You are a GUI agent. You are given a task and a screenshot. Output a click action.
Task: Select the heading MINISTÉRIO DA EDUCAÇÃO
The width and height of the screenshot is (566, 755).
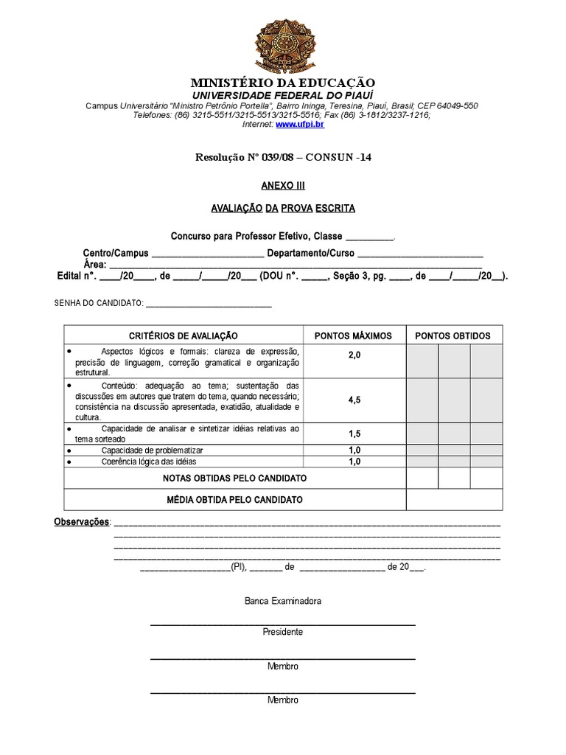click(283, 83)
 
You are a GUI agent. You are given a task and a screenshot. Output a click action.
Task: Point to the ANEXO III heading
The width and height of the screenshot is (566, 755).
click(283, 186)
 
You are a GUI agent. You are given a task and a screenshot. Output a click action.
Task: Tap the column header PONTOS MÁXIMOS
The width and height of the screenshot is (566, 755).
click(353, 335)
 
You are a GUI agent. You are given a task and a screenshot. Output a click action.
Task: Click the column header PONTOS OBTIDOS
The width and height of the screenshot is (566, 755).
click(453, 335)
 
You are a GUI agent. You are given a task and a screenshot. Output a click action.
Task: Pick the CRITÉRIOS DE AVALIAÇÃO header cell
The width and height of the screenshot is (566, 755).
click(184, 335)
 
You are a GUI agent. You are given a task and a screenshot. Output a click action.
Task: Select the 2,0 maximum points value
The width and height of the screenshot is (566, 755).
click(354, 355)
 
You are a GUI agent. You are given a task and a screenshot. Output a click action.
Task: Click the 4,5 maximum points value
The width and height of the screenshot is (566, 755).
click(354, 400)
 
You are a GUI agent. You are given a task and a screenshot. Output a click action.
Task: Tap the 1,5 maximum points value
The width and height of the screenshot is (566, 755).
click(354, 434)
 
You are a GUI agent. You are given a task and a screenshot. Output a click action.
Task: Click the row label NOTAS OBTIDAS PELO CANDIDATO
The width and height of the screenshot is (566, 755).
click(234, 478)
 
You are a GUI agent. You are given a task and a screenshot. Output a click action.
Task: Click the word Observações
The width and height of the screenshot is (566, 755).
click(81, 521)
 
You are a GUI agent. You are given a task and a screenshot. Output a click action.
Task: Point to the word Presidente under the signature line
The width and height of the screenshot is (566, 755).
click(283, 632)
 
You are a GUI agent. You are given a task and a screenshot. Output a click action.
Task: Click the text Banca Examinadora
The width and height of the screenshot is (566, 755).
click(283, 601)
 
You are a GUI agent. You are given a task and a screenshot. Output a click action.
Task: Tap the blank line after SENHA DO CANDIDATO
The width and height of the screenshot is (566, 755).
click(209, 303)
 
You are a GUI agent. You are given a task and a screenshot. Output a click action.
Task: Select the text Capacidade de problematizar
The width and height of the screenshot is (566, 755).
click(152, 450)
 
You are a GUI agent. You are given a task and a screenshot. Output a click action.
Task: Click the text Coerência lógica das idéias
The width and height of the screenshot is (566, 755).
click(149, 462)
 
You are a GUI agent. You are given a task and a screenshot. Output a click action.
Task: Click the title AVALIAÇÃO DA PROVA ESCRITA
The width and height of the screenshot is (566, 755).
click(283, 209)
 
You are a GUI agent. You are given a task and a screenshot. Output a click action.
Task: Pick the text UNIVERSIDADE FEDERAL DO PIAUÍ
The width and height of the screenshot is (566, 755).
click(283, 96)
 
